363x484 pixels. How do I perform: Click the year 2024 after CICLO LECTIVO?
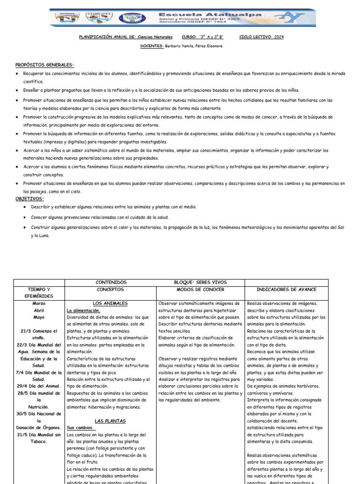(x=278, y=37)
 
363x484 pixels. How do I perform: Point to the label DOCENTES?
(x=152, y=46)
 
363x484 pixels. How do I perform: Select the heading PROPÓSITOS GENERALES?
(x=44, y=64)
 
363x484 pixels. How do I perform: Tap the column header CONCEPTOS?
(x=110, y=289)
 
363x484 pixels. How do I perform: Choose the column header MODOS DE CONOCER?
(x=200, y=289)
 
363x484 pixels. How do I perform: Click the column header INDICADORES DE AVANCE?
(x=286, y=289)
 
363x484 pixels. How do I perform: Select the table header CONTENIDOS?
(x=111, y=282)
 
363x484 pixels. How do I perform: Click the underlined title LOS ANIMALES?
(x=110, y=303)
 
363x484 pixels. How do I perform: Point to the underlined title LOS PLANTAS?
(x=110, y=420)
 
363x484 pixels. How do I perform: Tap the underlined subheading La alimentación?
(x=83, y=310)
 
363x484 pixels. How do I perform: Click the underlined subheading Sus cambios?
(x=79, y=427)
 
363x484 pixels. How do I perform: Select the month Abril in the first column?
(x=39, y=310)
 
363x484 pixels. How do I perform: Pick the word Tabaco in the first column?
(x=39, y=441)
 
